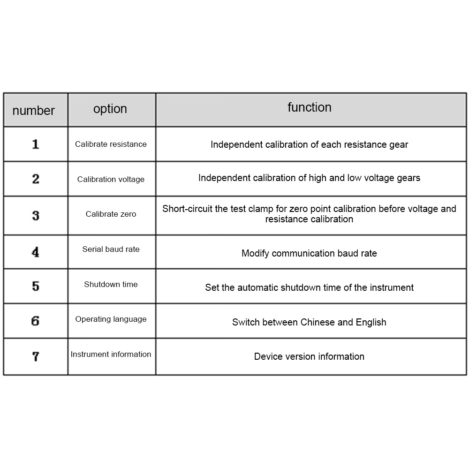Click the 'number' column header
(33, 111)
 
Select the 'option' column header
(110, 109)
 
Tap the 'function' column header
(310, 107)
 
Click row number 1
(35, 144)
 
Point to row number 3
(35, 216)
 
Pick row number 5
(35, 286)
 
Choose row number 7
(35, 356)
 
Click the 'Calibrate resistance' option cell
(111, 144)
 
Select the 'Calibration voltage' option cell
(111, 179)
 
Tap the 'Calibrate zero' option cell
(111, 214)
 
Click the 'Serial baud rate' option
(111, 250)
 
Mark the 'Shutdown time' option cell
(111, 284)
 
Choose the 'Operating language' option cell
(111, 319)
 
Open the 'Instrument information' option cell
(111, 355)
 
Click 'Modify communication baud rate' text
(309, 254)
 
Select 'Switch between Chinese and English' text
(309, 322)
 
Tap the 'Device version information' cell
(309, 356)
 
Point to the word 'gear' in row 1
(399, 145)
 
